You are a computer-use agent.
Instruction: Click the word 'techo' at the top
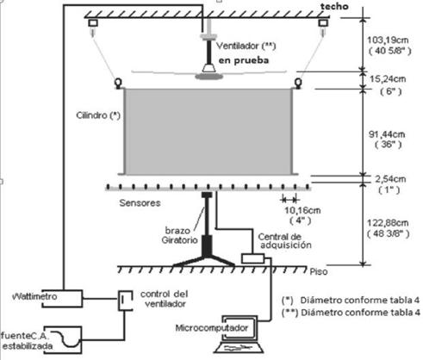pos(334,6)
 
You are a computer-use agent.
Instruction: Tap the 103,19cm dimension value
pos(388,40)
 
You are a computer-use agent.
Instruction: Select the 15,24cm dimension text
pos(388,79)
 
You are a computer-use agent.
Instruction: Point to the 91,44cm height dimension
pos(387,134)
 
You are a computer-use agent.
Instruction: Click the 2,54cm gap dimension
pos(390,179)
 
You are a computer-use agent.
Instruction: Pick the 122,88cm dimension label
pos(388,223)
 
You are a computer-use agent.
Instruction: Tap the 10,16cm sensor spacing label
pos(302,210)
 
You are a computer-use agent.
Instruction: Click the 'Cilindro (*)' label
pos(98,115)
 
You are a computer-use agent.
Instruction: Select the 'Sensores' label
pos(140,203)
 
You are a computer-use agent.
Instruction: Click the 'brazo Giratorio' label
pos(179,235)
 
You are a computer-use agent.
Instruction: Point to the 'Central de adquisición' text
pos(284,241)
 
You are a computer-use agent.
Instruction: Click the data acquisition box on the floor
pos(253,258)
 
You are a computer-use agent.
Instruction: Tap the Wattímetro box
pos(62,299)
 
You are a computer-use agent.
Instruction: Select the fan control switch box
pos(126,301)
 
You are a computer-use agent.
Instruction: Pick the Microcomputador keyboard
pos(239,348)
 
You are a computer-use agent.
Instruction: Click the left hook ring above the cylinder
pos(118,84)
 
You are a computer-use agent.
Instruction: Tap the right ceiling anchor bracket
pos(323,23)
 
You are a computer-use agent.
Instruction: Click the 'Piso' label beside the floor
pos(319,271)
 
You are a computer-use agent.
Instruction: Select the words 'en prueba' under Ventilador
pos(244,60)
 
